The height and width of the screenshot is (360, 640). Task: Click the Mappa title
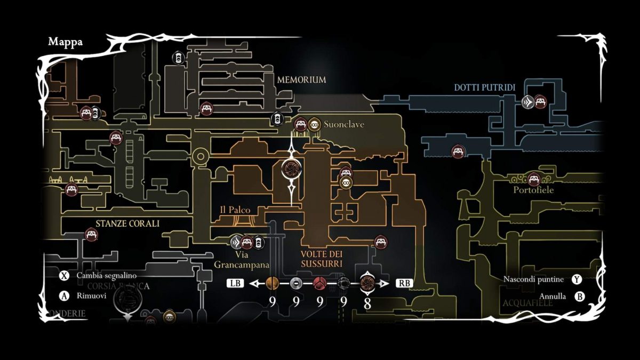(x=65, y=42)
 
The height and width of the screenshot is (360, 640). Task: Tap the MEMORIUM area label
(x=301, y=80)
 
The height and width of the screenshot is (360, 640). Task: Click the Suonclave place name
(x=344, y=124)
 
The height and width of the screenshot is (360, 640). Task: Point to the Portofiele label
(x=533, y=190)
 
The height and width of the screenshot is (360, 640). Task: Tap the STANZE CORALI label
(x=127, y=223)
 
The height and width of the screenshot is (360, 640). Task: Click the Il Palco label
(x=235, y=210)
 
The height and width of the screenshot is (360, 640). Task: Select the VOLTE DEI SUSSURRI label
(x=321, y=259)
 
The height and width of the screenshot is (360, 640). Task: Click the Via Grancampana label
(x=242, y=260)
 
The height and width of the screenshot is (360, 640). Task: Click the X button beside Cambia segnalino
(x=64, y=276)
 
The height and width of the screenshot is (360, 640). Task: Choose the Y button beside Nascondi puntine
(x=577, y=279)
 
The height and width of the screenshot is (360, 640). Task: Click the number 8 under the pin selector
(x=367, y=302)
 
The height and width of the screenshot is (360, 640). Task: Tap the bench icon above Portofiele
(x=534, y=179)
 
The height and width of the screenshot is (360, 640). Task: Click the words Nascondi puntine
(x=534, y=279)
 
